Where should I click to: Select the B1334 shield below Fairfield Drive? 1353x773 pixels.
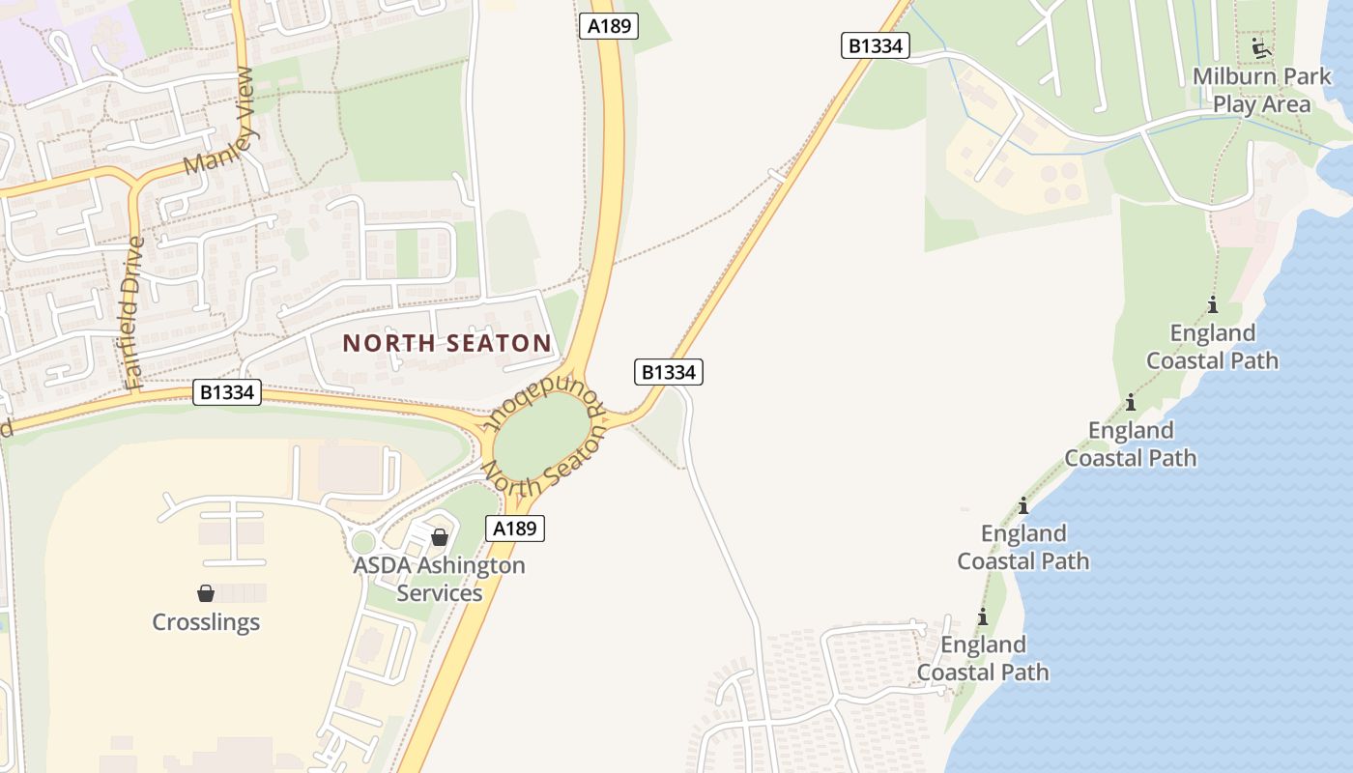pyautogui.click(x=227, y=391)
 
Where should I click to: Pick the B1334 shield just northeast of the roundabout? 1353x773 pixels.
pyautogui.click(x=669, y=372)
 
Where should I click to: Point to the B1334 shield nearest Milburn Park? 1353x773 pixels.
pyautogui.click(x=876, y=45)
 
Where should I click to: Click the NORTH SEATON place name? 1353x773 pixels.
pyautogui.click(x=446, y=343)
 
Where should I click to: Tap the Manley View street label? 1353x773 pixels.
pyautogui.click(x=218, y=121)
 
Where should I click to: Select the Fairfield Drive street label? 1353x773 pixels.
pyautogui.click(x=133, y=314)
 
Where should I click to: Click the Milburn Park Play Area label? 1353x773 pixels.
pyautogui.click(x=1262, y=91)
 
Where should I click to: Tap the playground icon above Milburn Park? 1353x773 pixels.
pyautogui.click(x=1259, y=47)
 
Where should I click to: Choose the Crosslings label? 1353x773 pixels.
pyautogui.click(x=206, y=621)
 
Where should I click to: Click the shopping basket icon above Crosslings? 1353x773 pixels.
pyautogui.click(x=206, y=592)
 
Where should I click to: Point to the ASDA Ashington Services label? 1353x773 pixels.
pyautogui.click(x=440, y=579)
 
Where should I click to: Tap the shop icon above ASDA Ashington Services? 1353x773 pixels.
pyautogui.click(x=440, y=537)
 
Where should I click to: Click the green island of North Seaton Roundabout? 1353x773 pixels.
pyautogui.click(x=541, y=436)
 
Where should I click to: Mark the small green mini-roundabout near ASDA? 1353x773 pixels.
pyautogui.click(x=362, y=542)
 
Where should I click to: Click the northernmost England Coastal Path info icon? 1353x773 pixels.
pyautogui.click(x=1213, y=305)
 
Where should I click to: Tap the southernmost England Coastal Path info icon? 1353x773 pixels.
pyautogui.click(x=983, y=616)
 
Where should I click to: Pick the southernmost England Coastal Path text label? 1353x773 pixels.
pyautogui.click(x=983, y=658)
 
